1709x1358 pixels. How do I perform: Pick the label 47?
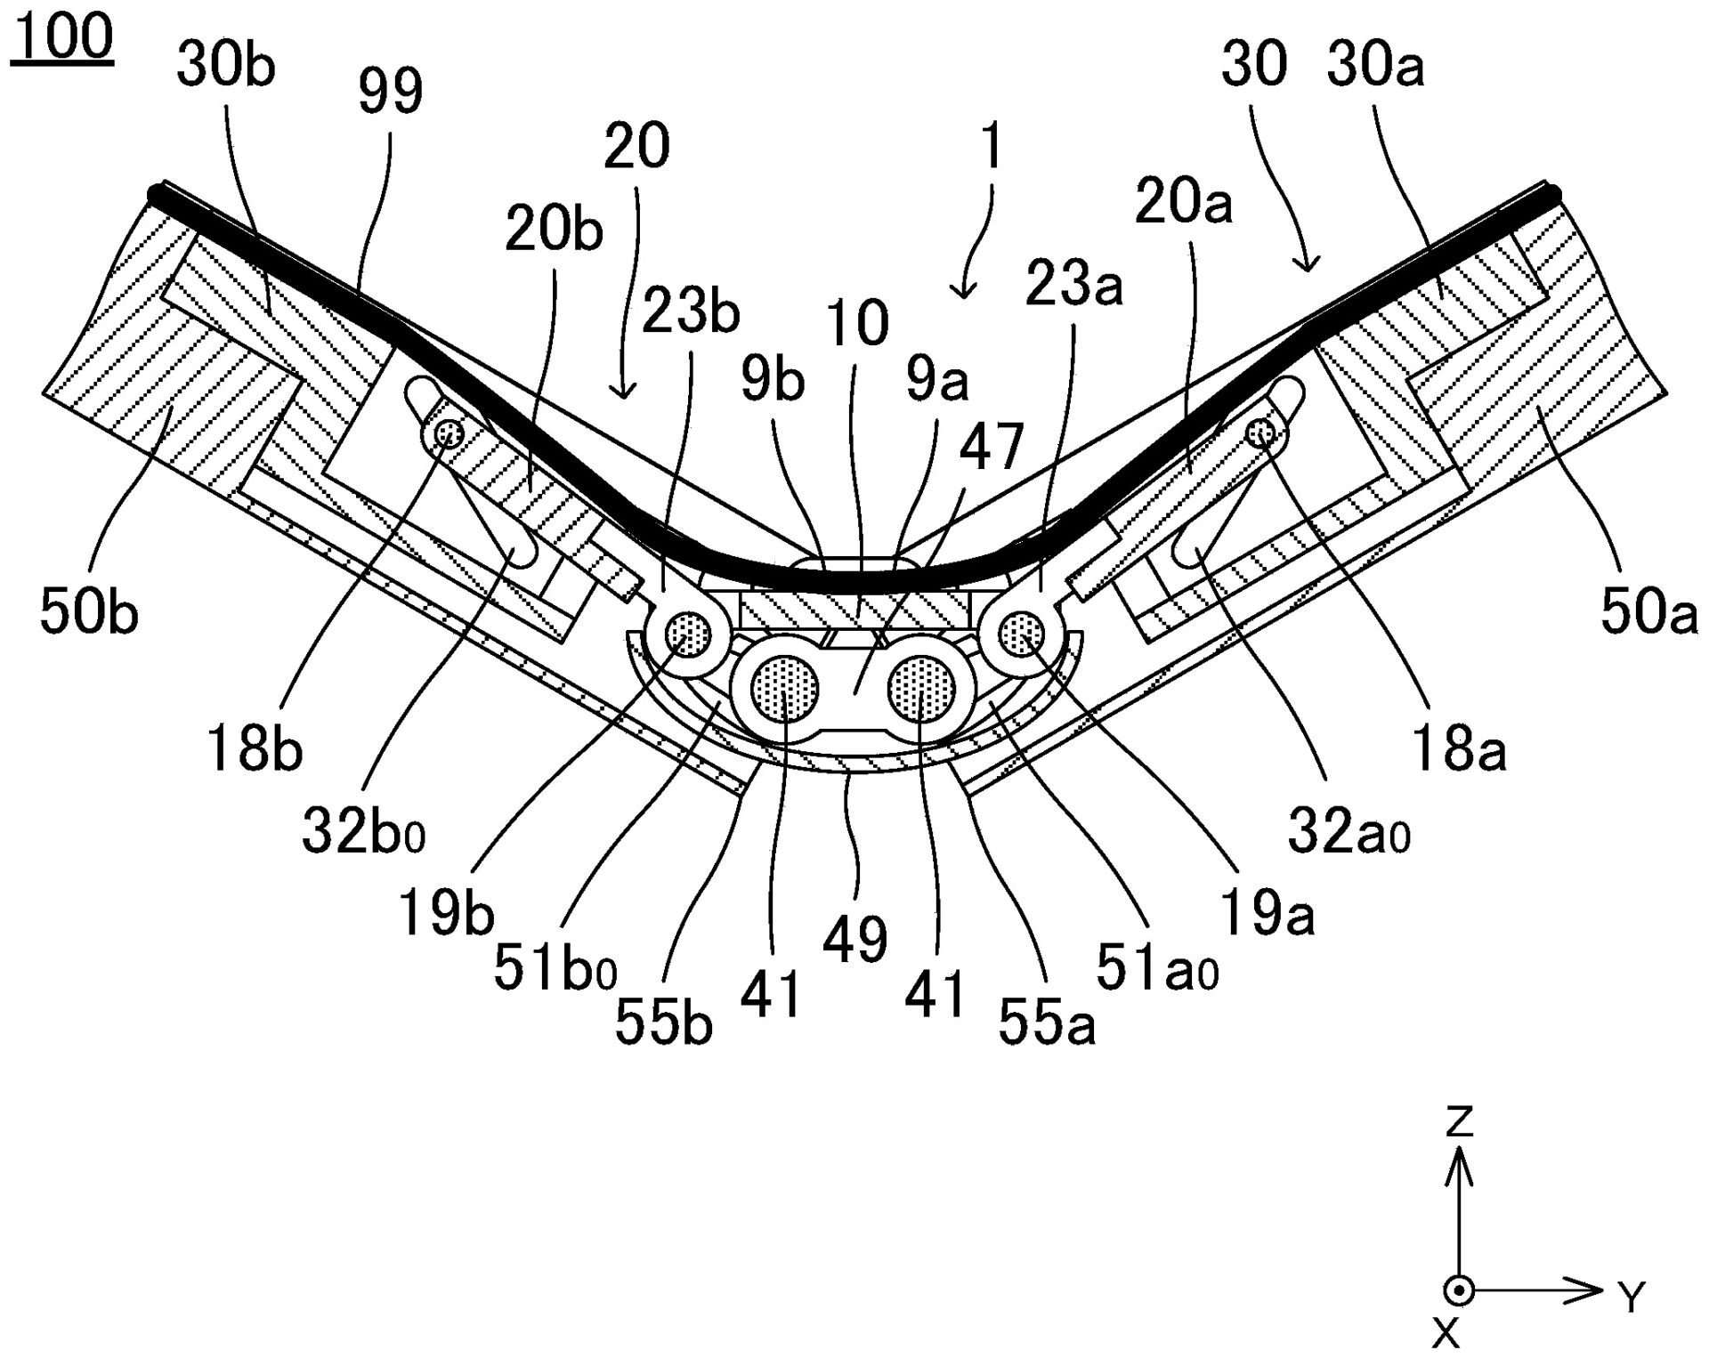pos(991,448)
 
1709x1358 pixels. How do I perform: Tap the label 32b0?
pos(363,834)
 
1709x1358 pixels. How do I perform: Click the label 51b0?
pos(555,968)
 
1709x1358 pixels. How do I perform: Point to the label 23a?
pos(1073,285)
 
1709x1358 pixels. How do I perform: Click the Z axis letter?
pos(1459,1123)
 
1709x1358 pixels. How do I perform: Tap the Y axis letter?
pos(1631,1299)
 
